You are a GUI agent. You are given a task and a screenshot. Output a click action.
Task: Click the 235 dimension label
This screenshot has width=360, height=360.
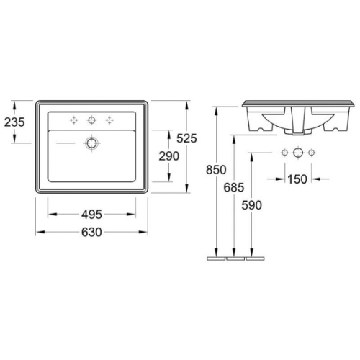pyautogui.click(x=14, y=122)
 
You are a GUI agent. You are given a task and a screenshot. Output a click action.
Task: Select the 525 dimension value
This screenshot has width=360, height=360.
pyautogui.click(x=186, y=138)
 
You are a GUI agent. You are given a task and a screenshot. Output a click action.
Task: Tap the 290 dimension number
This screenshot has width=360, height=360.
pyautogui.click(x=169, y=156)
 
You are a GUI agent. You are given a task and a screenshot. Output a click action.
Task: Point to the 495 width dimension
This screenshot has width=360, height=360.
pyautogui.click(x=91, y=215)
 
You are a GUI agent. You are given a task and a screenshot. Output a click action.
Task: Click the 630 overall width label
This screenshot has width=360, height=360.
pyautogui.click(x=91, y=232)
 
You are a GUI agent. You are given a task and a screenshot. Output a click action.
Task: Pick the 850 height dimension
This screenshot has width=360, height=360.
pyautogui.click(x=216, y=170)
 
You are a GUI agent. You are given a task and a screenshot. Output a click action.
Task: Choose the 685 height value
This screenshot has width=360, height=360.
pyautogui.click(x=234, y=187)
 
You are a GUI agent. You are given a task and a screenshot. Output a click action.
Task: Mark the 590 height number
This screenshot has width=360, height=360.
pyautogui.click(x=251, y=205)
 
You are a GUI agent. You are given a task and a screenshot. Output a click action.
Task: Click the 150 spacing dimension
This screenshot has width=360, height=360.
pyautogui.click(x=297, y=179)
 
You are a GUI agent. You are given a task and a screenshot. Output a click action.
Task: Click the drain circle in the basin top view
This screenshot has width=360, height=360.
pyautogui.click(x=91, y=143)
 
